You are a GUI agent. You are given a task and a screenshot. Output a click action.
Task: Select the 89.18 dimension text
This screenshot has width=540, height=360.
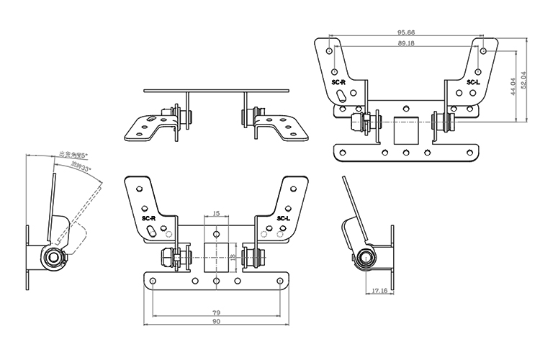click(x=410, y=43)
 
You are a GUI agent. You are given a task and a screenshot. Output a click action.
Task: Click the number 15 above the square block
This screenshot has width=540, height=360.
click(x=217, y=215)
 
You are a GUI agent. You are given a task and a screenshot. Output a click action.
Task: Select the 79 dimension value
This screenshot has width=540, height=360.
click(x=217, y=312)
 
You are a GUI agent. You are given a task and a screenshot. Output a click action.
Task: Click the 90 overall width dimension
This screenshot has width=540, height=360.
click(x=217, y=323)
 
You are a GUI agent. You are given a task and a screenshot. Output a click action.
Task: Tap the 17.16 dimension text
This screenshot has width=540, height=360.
click(x=381, y=292)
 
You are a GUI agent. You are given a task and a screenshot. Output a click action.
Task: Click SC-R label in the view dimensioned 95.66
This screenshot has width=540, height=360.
click(x=338, y=84)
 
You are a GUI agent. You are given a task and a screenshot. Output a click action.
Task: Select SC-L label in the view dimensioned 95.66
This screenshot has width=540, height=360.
click(x=473, y=84)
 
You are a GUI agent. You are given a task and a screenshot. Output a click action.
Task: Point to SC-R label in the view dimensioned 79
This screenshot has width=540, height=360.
click(x=149, y=217)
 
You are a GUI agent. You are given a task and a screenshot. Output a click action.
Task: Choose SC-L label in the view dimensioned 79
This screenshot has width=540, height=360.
click(x=283, y=217)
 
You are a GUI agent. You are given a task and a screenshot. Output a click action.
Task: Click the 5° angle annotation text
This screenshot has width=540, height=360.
click(x=72, y=155)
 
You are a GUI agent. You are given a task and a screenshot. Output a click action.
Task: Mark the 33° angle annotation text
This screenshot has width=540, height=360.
click(x=81, y=167)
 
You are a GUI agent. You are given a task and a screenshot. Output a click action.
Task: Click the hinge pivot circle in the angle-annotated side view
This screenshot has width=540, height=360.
click(x=52, y=258)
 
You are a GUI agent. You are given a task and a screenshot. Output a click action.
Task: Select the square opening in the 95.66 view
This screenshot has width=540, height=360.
click(x=406, y=130)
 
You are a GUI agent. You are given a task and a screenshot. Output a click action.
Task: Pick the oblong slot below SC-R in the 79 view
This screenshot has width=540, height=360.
click(x=153, y=232)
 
